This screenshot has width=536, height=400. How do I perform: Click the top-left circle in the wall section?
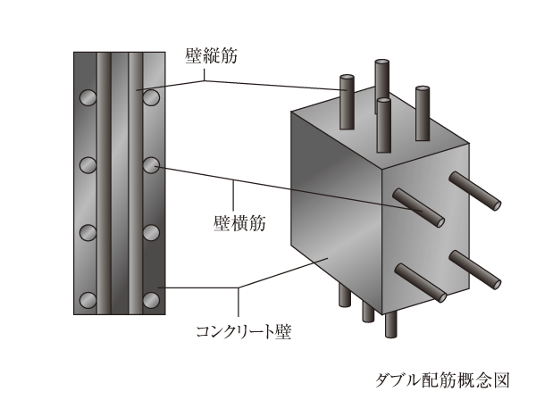click(88, 96)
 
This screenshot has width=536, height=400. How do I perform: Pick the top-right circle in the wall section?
click(151, 96)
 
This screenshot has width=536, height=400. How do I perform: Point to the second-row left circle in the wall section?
click(88, 165)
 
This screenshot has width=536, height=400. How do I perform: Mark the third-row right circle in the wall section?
click(151, 233)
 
